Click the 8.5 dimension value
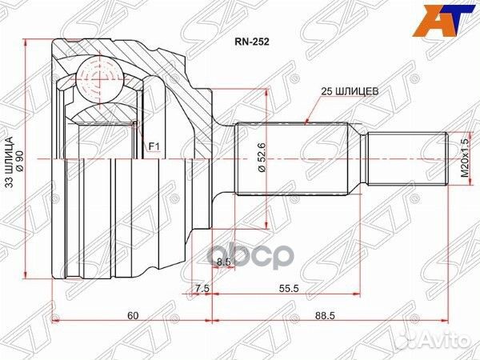(224, 262)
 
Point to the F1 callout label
(153, 146)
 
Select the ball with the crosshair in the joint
(95, 80)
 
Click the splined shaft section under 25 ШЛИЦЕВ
(291, 160)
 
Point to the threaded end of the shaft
(405, 160)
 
